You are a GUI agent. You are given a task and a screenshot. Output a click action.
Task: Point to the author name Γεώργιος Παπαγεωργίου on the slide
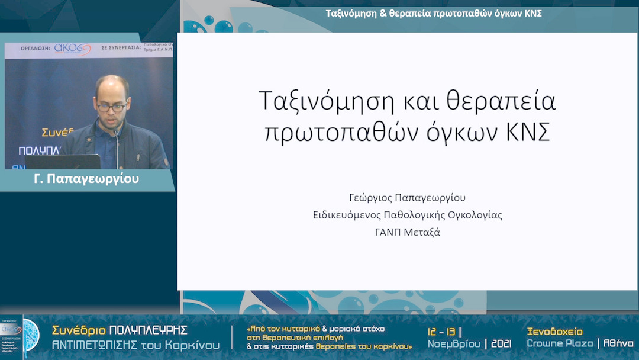pos(408,197)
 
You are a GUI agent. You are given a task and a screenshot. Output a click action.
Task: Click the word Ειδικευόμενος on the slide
pos(348,215)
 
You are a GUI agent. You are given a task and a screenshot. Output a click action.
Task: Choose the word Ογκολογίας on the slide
pos(473,215)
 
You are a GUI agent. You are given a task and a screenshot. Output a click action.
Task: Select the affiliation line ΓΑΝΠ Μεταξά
pos(408,232)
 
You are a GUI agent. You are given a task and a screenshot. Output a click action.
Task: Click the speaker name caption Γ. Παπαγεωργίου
pos(86,179)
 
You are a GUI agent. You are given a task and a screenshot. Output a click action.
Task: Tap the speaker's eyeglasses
pos(111,107)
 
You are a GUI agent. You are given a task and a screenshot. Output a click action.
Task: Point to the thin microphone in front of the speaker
pos(117,148)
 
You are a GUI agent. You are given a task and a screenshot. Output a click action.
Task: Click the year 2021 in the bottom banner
pos(501,344)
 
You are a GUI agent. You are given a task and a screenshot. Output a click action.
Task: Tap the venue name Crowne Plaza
pos(560,344)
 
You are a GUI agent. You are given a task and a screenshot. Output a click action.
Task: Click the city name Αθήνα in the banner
pos(618,344)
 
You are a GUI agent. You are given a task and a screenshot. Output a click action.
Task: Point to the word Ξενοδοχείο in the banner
pos(554,332)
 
